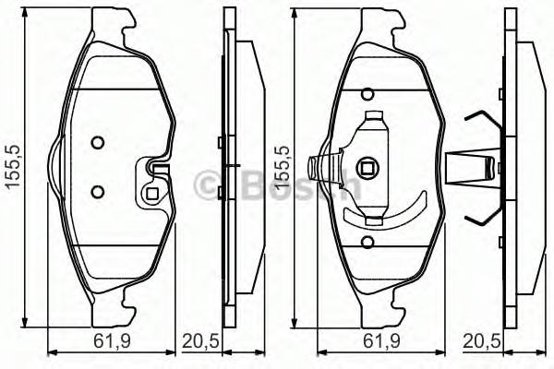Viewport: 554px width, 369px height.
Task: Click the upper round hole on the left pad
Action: pyautogui.click(x=97, y=143)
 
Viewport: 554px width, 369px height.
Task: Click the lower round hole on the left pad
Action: pyautogui.click(x=97, y=191)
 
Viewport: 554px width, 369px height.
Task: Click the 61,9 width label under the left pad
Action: pyautogui.click(x=111, y=341)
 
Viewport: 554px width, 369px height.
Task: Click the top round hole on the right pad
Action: pyautogui.click(x=367, y=93)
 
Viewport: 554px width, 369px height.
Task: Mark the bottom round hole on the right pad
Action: pyautogui.click(x=367, y=242)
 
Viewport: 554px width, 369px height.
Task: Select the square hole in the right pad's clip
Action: pyautogui.click(x=367, y=168)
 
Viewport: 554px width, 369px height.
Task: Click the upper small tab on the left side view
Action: pyautogui.click(x=218, y=141)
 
